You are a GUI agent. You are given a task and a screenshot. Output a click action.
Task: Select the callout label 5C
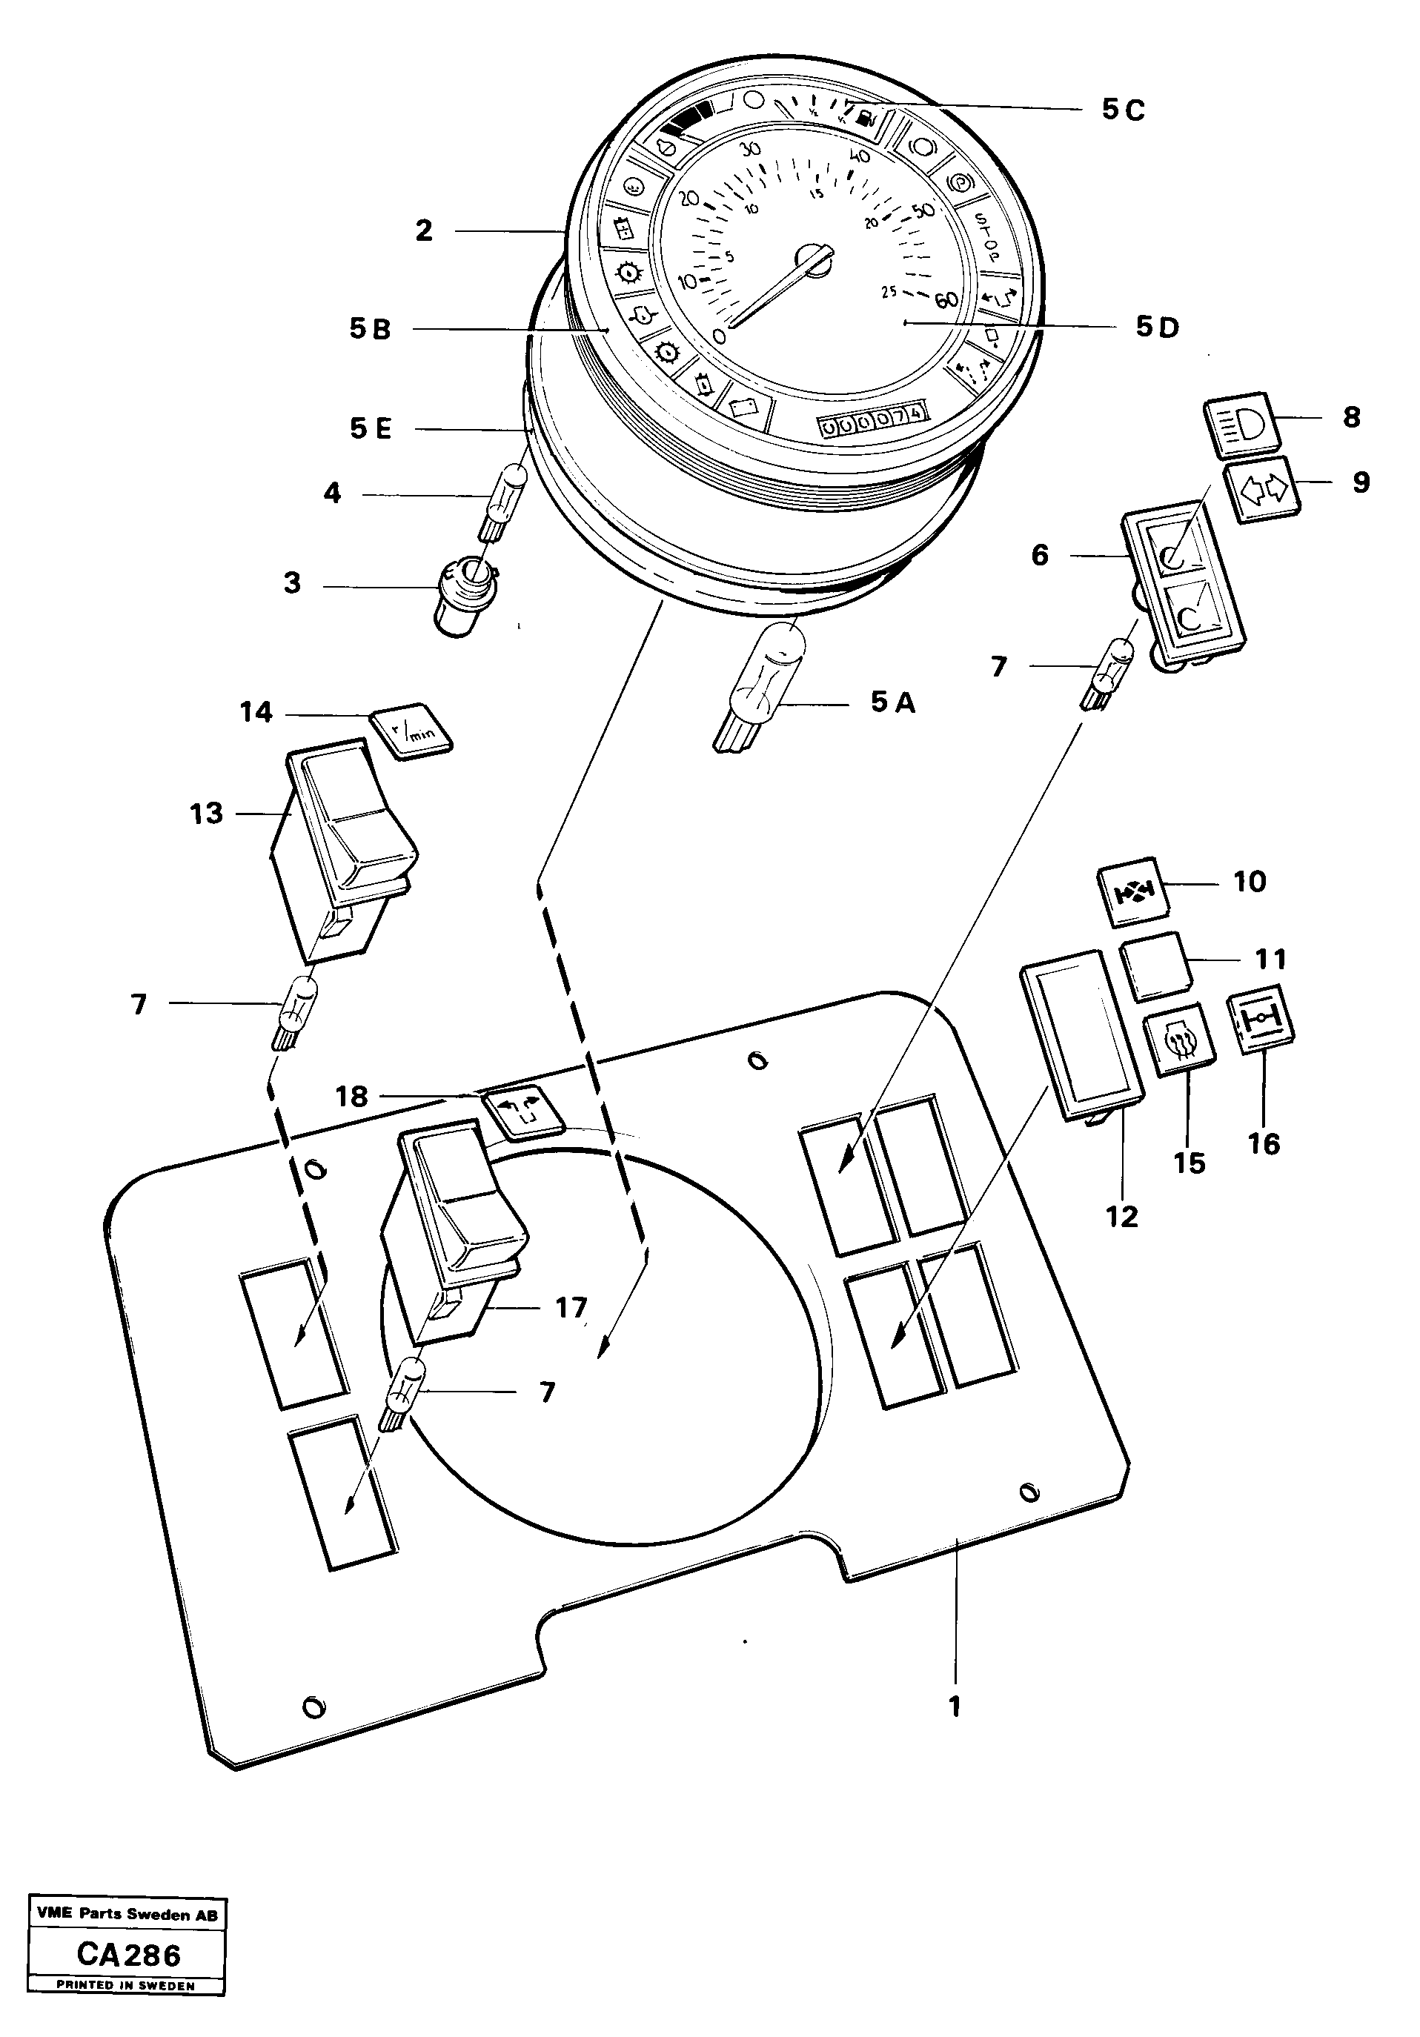point(1123,110)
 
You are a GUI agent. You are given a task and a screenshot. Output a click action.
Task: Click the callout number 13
point(206,814)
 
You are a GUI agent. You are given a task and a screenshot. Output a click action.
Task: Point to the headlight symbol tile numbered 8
point(1241,422)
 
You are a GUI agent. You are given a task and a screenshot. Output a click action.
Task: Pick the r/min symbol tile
point(410,732)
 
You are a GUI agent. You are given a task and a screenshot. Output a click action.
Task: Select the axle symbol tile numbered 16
point(1260,1020)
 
